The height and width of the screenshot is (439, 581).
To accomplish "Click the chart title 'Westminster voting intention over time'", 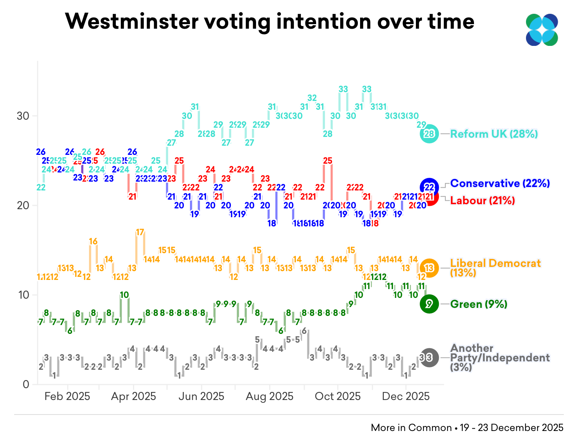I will [269, 21].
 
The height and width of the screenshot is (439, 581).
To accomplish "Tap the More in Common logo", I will [542, 30].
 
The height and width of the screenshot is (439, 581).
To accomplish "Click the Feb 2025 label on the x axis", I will [67, 396].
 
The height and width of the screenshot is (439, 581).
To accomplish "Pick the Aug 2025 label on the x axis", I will [269, 396].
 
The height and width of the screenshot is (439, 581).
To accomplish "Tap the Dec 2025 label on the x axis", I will [406, 396].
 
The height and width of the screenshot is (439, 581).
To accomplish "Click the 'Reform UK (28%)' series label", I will [494, 134].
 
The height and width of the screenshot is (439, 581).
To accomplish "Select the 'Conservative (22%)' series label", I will [500, 184].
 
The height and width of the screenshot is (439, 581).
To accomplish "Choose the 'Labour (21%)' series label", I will [482, 200].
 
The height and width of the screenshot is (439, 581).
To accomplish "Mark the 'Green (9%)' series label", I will [479, 304].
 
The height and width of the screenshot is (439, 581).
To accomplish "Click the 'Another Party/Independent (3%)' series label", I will [500, 358].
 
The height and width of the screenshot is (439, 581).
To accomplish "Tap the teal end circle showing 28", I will [429, 134].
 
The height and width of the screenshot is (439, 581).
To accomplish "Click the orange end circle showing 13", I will [429, 268].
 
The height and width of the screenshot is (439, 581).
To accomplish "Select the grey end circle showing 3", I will [429, 358].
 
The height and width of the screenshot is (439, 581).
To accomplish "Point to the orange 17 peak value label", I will [140, 232].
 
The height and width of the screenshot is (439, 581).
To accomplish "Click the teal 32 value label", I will [312, 98].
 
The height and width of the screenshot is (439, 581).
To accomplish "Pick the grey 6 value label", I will [304, 331].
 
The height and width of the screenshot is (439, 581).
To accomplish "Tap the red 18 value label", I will [375, 223].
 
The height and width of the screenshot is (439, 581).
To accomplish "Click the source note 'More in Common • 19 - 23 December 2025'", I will [467, 428].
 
